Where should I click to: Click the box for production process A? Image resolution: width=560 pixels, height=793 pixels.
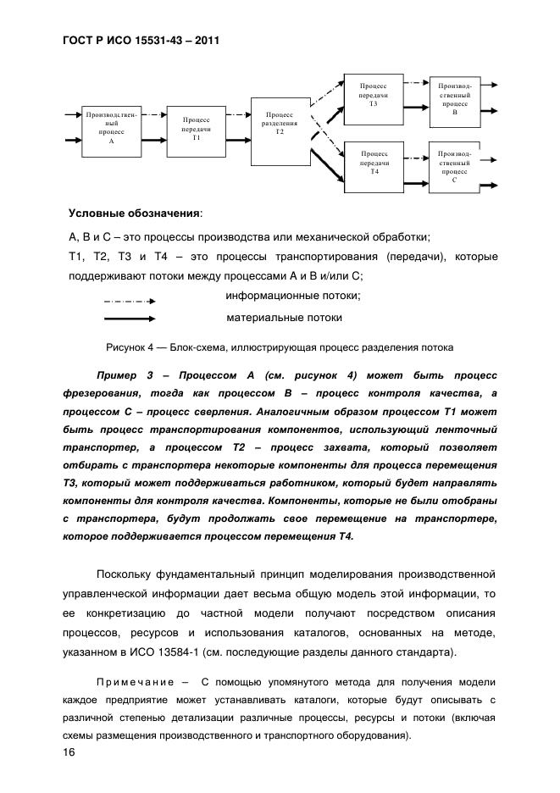click(112, 130)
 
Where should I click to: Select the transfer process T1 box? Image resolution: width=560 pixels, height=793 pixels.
click(197, 130)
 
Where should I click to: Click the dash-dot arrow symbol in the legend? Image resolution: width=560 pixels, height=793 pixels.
click(129, 301)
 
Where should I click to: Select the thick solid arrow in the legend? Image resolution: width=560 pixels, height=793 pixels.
click(129, 319)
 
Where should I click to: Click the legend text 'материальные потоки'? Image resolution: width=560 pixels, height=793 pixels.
click(284, 318)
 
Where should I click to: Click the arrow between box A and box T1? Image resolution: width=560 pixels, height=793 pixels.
click(154, 130)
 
